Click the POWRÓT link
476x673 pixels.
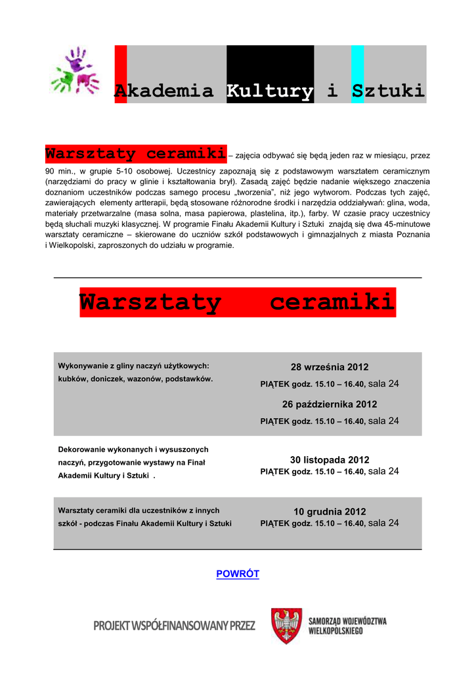point(238,574)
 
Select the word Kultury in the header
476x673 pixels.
point(270,91)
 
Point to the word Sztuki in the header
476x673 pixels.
point(388,91)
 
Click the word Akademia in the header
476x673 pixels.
point(164,91)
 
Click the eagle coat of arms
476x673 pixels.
point(287,626)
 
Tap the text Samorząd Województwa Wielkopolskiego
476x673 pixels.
point(347,626)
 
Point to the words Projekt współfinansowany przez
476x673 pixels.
point(174,626)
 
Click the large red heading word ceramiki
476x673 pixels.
point(332,303)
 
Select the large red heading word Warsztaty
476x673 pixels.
point(150,303)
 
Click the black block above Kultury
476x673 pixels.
point(270,62)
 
